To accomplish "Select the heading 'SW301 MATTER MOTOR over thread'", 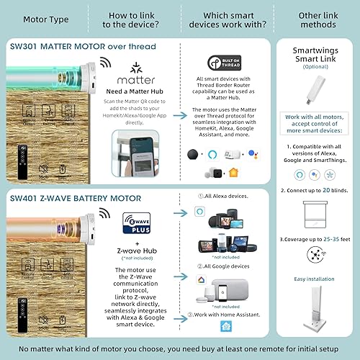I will pos(83,46).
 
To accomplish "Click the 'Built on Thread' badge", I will pos(218,63).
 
